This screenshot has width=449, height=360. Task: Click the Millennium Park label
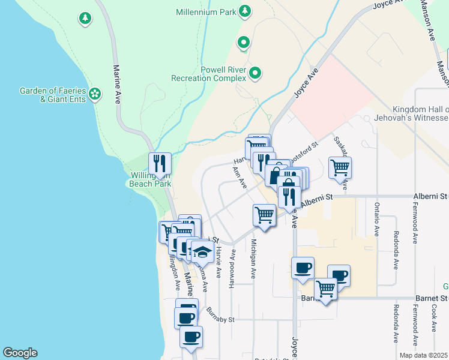tap(206, 11)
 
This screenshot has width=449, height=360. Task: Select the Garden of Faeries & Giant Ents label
tap(53, 95)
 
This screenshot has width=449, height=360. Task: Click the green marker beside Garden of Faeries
tap(95, 94)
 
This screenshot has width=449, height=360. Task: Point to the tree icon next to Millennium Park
tap(244, 11)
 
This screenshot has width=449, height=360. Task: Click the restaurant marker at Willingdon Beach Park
tap(160, 164)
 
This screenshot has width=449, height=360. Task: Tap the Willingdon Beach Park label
tap(150, 180)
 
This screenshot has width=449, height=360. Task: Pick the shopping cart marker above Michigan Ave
tap(264, 214)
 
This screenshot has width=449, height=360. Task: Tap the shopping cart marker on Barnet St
tap(326, 289)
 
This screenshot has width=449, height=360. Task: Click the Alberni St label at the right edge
tap(430, 196)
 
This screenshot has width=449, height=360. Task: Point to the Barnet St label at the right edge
tap(432, 298)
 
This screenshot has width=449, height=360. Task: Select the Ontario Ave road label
tap(377, 221)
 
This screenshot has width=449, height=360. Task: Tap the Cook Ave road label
tap(433, 318)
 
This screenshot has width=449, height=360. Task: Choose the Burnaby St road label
tap(220, 316)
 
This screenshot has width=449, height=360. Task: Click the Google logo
tap(20, 353)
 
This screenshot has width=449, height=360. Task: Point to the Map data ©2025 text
tap(423, 355)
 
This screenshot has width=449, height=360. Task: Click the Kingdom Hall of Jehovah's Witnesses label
tap(420, 113)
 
